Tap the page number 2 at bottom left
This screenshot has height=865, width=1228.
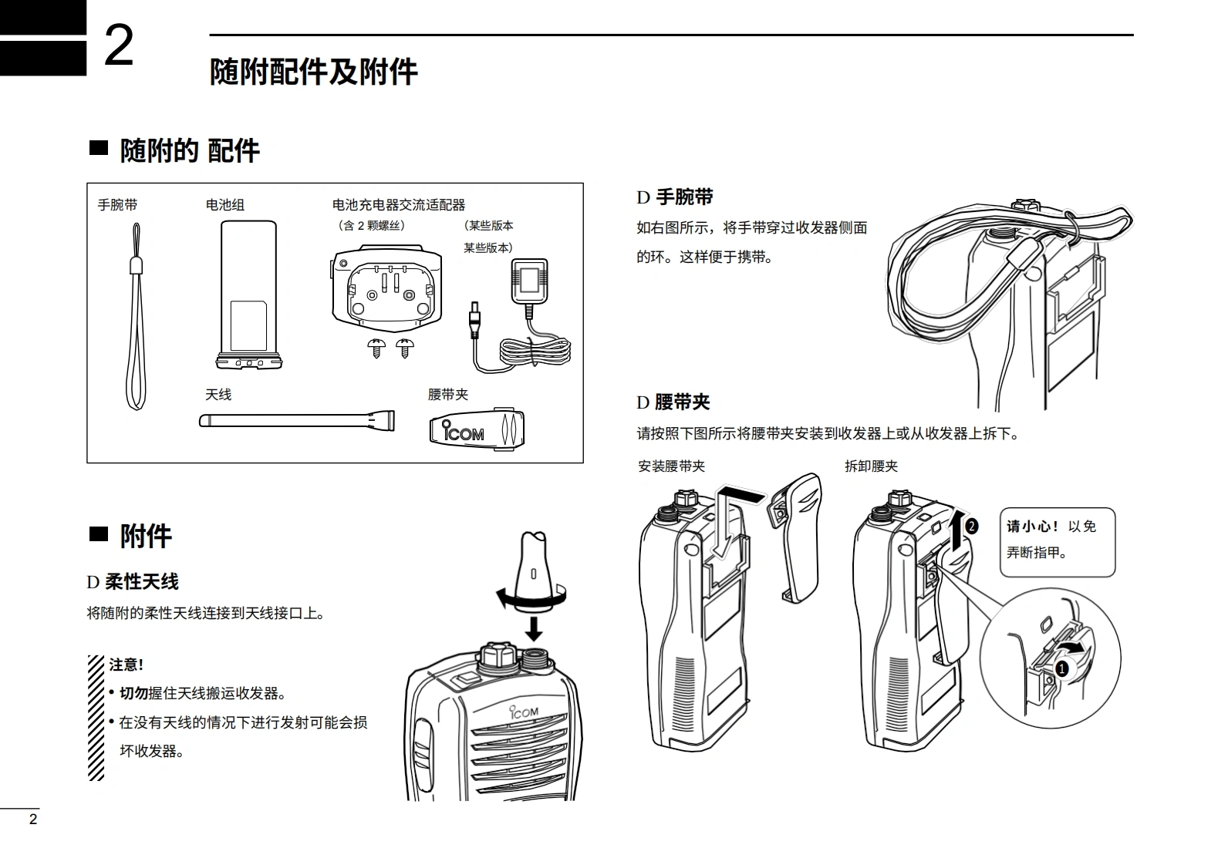33,820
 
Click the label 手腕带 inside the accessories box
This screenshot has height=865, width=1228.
117,205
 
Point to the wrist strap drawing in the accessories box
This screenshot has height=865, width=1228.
136,324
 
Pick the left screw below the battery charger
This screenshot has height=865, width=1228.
376,348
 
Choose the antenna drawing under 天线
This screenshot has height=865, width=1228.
297,421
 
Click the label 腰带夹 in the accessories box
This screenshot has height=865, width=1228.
448,395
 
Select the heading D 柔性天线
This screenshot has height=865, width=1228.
133,582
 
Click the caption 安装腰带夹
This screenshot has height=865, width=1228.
671,466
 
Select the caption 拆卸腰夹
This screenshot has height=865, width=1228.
871,466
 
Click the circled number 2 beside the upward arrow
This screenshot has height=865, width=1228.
971,527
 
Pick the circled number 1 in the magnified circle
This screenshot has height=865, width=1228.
1061,668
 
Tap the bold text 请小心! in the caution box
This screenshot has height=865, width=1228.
1032,527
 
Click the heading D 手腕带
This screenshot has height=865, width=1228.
674,197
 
